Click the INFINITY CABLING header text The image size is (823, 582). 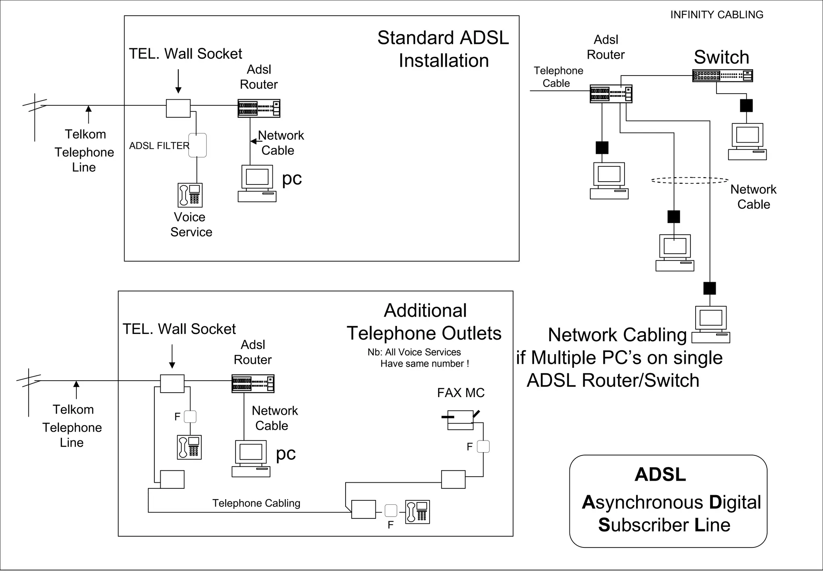[717, 15]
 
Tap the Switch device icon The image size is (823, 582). [722, 76]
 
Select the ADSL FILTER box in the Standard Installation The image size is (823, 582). [198, 145]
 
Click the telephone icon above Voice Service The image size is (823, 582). [190, 195]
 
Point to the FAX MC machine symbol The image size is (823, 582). [461, 420]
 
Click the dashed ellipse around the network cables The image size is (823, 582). [690, 180]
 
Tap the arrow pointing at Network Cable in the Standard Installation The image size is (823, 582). [254, 141]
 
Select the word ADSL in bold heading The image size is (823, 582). [660, 475]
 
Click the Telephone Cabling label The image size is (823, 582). [256, 503]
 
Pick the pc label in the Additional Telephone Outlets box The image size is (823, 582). [286, 453]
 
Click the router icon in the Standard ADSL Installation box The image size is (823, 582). [259, 108]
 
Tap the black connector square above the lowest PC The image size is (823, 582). [710, 288]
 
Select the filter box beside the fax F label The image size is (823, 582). [483, 447]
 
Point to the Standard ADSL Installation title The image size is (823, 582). [443, 49]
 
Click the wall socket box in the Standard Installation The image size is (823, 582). [178, 108]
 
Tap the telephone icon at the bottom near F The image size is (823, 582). [418, 511]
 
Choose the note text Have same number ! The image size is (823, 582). [424, 364]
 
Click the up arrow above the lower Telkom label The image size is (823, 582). [76, 389]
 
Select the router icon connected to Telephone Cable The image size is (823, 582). [611, 94]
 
